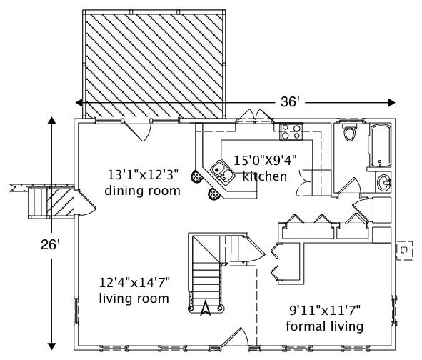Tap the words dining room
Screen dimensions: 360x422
(142, 191)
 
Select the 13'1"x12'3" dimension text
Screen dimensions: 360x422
(142, 174)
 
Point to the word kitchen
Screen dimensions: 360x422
(265, 176)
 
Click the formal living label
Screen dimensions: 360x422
(325, 326)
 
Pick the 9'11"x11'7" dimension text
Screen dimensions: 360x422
(325, 311)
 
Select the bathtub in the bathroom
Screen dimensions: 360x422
(379, 146)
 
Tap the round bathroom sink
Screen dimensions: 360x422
(383, 181)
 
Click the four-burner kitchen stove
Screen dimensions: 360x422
(289, 131)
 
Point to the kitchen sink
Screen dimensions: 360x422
(219, 170)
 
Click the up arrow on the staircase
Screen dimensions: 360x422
(206, 308)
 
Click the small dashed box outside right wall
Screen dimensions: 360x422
(405, 251)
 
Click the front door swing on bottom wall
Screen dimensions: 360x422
(236, 339)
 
